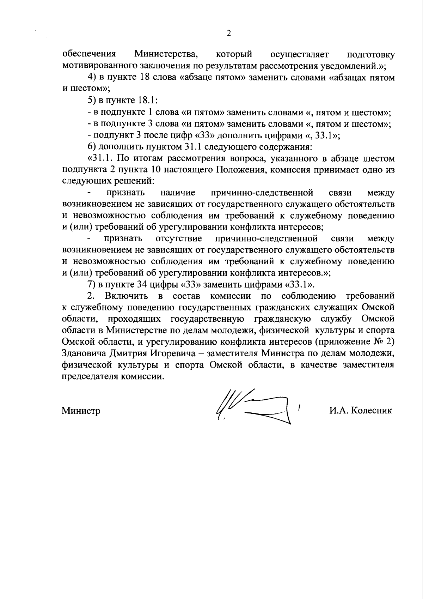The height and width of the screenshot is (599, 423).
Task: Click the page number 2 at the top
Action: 228,34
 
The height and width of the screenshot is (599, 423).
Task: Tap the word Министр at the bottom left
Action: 81,411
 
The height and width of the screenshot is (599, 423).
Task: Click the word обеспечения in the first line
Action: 89,55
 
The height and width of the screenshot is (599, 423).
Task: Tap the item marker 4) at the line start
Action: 92,78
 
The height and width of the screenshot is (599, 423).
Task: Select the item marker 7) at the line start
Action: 92,284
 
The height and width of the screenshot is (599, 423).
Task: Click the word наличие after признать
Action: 178,193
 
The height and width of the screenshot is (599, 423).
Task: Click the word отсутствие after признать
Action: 179,239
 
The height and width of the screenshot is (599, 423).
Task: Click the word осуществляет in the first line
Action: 299,55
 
